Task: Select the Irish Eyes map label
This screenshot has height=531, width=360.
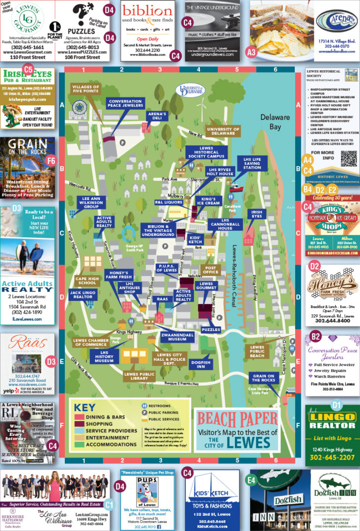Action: pos(257,215)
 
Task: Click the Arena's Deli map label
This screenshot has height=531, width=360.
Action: pos(157,116)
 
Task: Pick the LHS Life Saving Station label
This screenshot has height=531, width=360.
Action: pos(252,163)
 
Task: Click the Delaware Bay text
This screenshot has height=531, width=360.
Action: pos(276,121)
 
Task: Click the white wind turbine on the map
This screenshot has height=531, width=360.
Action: pos(201,106)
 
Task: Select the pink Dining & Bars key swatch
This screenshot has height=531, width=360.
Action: pos(78,417)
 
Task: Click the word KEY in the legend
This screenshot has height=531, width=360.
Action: pos(85,408)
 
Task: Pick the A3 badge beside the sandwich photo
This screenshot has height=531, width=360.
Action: pos(251,51)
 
